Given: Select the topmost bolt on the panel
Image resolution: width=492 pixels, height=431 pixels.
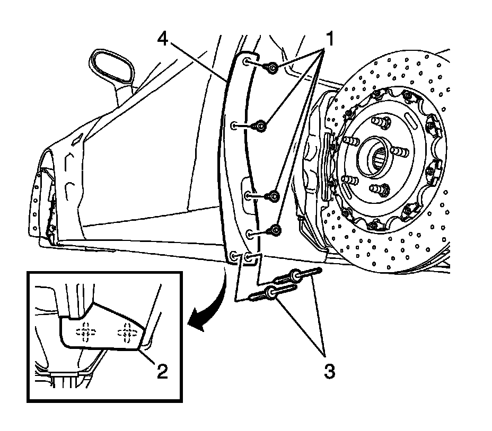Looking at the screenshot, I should pyautogui.click(x=272, y=67).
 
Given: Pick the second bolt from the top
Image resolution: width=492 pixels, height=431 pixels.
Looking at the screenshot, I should pyautogui.click(x=260, y=125).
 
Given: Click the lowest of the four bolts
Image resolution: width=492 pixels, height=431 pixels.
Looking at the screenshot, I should pyautogui.click(x=276, y=230).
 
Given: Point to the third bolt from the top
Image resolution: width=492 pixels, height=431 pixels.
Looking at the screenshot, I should pyautogui.click(x=274, y=196).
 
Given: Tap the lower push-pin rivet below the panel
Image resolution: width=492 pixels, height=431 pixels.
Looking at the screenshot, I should pyautogui.click(x=273, y=291).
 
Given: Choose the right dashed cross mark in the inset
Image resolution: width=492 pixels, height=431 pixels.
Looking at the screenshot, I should pyautogui.click(x=126, y=331).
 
